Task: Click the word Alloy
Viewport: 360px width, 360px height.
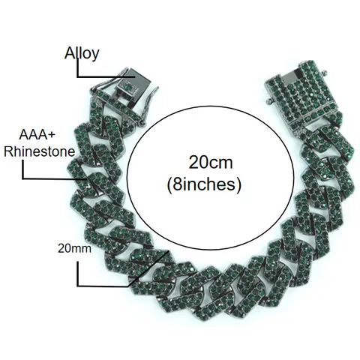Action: click(82, 54)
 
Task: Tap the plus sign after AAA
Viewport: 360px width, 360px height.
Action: click(51, 135)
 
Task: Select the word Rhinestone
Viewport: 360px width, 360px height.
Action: click(40, 151)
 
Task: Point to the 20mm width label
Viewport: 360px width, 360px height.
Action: click(74, 248)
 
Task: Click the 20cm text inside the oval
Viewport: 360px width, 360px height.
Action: click(211, 163)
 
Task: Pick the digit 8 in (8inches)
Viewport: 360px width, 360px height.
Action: click(177, 184)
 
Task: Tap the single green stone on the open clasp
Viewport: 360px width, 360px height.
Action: click(127, 87)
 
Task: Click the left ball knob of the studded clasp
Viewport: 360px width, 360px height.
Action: click(268, 101)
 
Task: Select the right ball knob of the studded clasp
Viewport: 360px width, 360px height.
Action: click(324, 72)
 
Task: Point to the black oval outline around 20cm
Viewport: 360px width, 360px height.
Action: click(127, 178)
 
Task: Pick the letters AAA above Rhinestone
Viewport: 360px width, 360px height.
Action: click(33, 135)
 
